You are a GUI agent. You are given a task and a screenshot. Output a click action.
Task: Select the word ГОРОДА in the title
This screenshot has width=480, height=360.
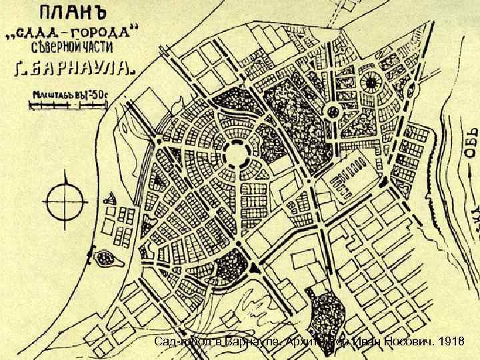pyautogui.click(x=103, y=33)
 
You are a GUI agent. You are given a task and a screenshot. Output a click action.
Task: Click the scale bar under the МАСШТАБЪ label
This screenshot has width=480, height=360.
pyautogui.click(x=67, y=104)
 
